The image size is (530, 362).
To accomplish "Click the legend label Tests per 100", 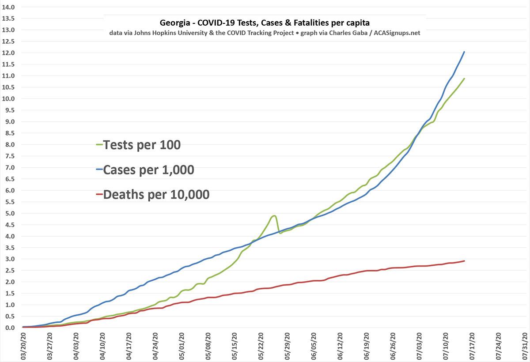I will click(141, 145).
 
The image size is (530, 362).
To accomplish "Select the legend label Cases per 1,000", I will click(148, 170).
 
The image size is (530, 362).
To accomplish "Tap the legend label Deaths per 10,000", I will click(156, 195).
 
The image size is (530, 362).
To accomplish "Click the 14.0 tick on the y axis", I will click(9, 8).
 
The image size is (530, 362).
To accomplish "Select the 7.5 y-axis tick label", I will click(9, 156).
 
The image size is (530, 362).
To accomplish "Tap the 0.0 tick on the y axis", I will click(9, 328).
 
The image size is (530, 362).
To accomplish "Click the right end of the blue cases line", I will click(464, 52).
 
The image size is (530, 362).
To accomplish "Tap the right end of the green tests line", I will click(464, 79).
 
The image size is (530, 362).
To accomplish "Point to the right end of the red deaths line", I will click(464, 261).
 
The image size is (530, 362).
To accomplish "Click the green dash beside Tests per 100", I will click(99, 145).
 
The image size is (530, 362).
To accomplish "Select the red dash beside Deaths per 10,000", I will click(99, 195).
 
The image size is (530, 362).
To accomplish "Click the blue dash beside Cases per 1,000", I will click(99, 170).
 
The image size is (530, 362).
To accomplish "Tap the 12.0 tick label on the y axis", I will click(9, 53).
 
